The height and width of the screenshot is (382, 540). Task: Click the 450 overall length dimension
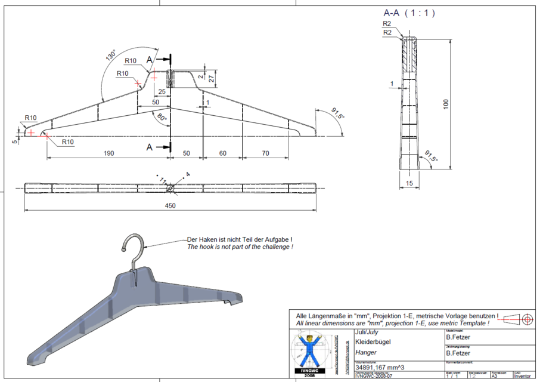[x=170, y=205]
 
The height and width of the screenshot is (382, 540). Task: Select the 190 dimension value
[x=108, y=153]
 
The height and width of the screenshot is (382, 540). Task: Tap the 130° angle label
[x=110, y=56]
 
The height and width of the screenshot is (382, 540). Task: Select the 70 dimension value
[x=266, y=153]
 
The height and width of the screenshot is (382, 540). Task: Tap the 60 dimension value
[x=223, y=153]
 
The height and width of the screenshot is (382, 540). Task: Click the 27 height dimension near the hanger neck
[x=210, y=76]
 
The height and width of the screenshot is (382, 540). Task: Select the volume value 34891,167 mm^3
[x=380, y=368]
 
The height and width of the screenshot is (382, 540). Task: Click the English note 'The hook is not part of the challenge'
[x=240, y=247]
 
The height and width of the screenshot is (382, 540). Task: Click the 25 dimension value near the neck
[x=162, y=91]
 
